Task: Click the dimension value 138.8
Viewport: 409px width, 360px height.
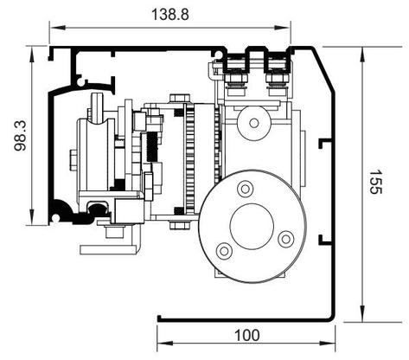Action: click(x=170, y=15)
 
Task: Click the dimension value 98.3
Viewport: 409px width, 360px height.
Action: click(x=21, y=136)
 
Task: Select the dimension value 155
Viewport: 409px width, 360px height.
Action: click(x=375, y=182)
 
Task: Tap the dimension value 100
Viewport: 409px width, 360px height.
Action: click(x=247, y=336)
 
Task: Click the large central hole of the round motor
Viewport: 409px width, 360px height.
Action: click(x=252, y=227)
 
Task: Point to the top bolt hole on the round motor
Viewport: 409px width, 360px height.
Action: click(x=245, y=190)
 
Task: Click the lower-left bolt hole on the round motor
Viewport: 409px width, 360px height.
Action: click(x=224, y=251)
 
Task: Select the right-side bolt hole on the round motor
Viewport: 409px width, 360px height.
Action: click(x=285, y=239)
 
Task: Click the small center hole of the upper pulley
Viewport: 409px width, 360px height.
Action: click(x=254, y=123)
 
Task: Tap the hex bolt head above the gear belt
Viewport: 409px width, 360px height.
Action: click(x=180, y=98)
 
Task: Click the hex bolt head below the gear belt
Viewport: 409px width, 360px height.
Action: click(x=180, y=225)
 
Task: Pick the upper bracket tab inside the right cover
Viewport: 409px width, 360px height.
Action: click(x=325, y=144)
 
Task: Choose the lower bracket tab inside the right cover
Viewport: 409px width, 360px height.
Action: click(x=325, y=241)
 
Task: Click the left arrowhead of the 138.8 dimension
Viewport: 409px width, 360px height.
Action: click(x=57, y=28)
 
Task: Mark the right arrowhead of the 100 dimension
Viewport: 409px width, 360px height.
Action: click(x=328, y=344)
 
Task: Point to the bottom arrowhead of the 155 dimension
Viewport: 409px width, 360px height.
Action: click(x=362, y=314)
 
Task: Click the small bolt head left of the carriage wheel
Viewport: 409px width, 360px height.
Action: click(x=73, y=159)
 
